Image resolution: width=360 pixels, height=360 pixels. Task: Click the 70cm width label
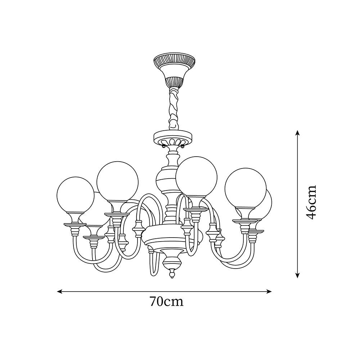pyautogui.click(x=166, y=301)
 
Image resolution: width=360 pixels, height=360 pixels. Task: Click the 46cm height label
pyautogui.click(x=311, y=202)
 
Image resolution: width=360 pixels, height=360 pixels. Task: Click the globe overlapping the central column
pyautogui.click(x=197, y=177)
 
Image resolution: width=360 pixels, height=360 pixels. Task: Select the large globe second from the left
pyautogui.click(x=118, y=181)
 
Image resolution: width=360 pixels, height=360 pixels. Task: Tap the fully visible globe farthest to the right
pyautogui.click(x=246, y=188)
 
